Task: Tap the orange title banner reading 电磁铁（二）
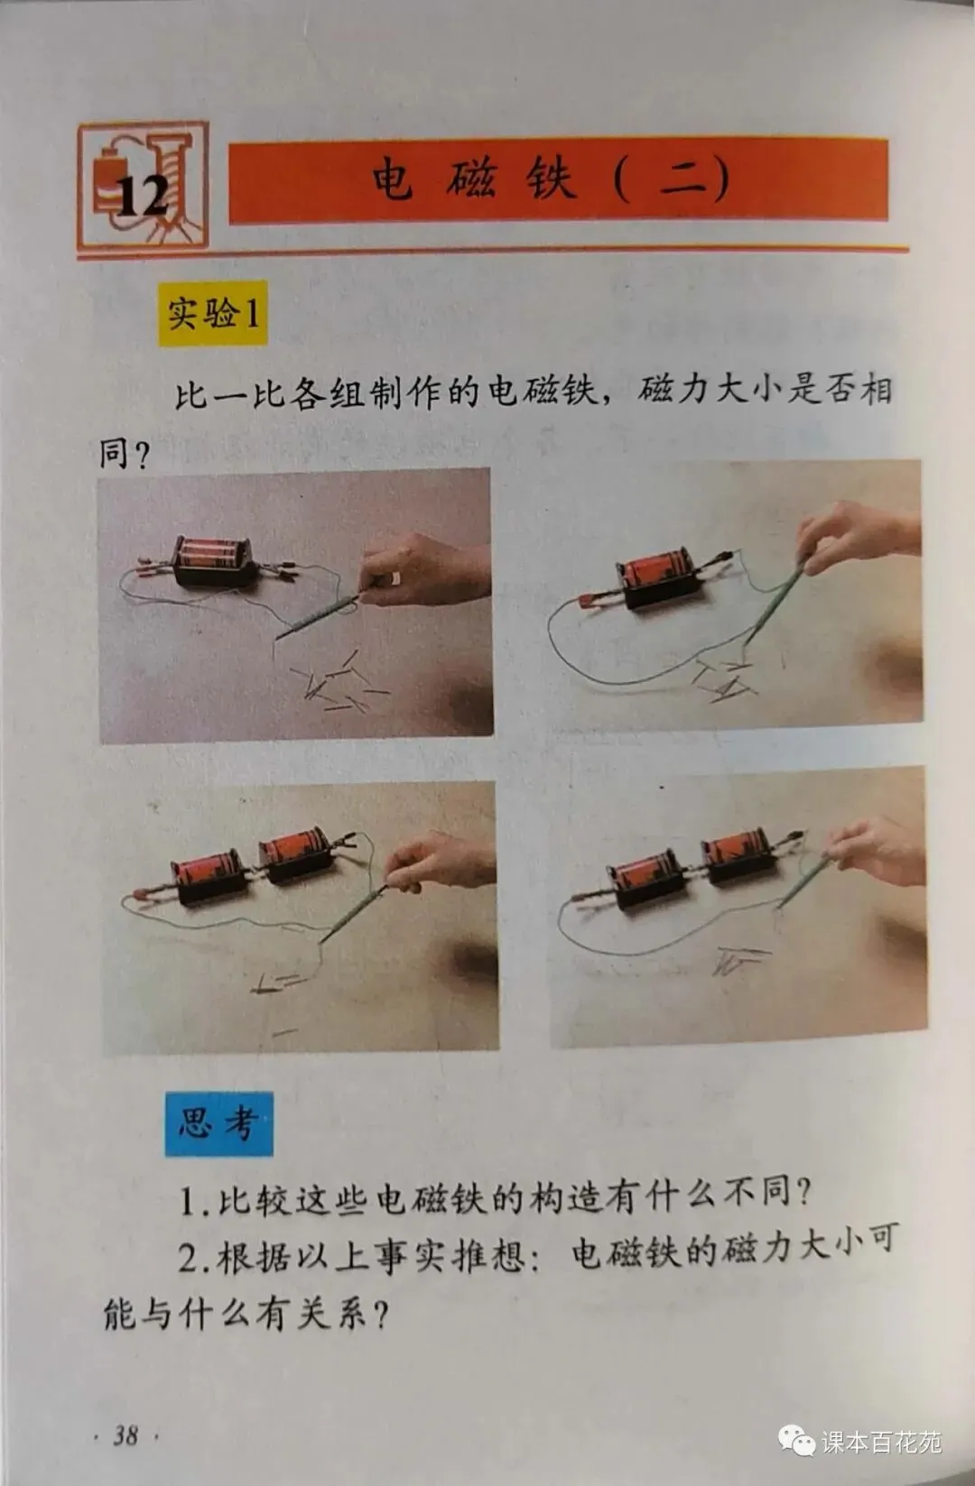click(558, 180)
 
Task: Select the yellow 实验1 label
click(212, 313)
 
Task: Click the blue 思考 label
click(218, 1124)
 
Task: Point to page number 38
click(126, 1435)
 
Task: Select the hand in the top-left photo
click(425, 570)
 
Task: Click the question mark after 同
click(140, 456)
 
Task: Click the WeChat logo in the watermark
click(795, 1440)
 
